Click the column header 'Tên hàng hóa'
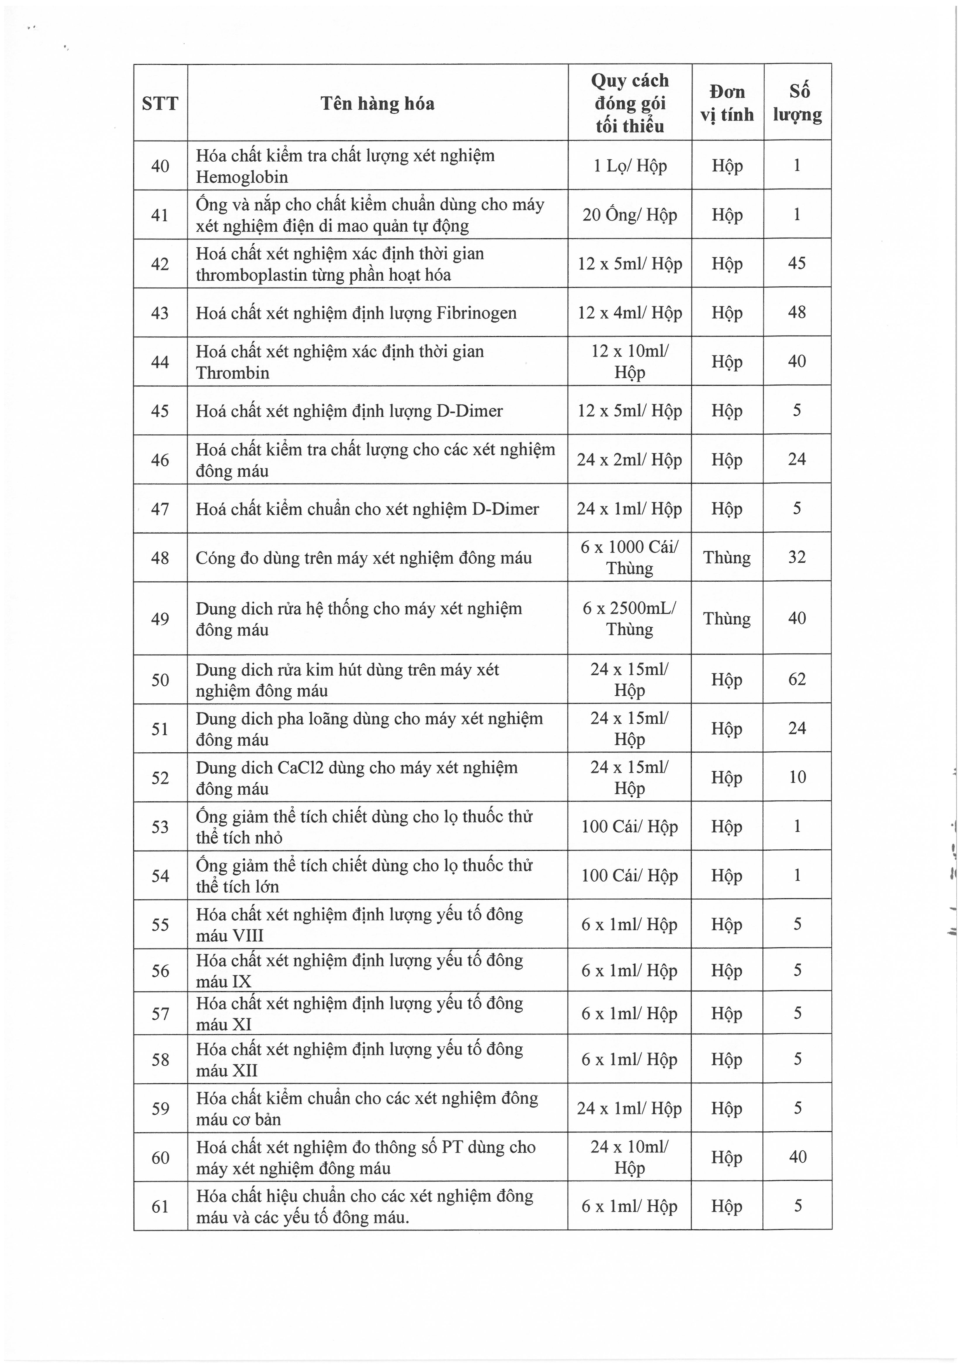click(377, 103)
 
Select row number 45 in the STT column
click(160, 411)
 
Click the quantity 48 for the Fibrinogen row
click(797, 312)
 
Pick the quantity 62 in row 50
click(797, 679)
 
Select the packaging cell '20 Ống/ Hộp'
click(630, 215)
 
